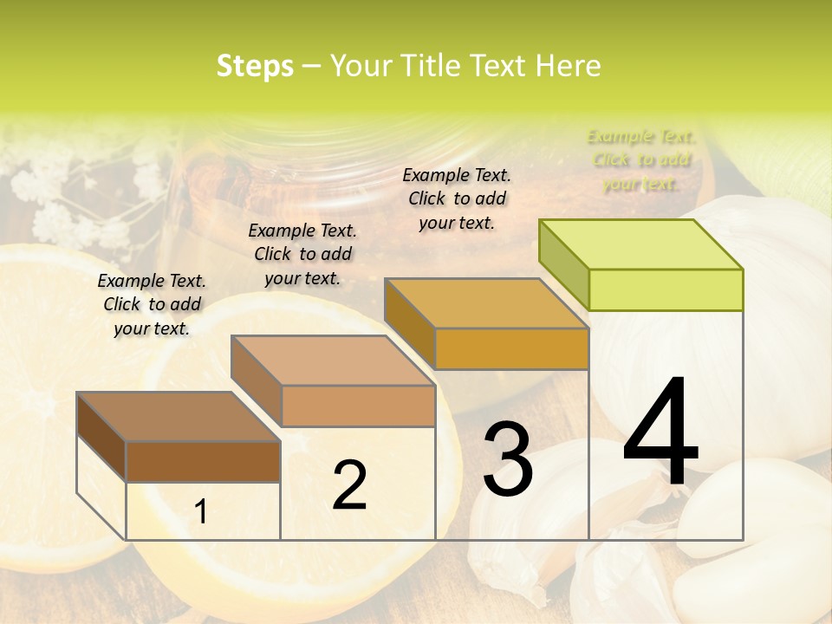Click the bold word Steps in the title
click(x=255, y=66)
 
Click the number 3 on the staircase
click(x=507, y=459)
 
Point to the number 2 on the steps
click(x=349, y=485)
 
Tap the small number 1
click(x=201, y=512)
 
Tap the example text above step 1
click(x=152, y=304)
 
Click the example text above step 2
click(x=302, y=254)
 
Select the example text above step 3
click(x=457, y=198)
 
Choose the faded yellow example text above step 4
click(x=640, y=159)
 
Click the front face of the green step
click(x=666, y=289)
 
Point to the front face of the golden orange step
click(x=511, y=348)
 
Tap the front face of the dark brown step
click(x=203, y=461)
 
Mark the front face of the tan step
click(x=358, y=406)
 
